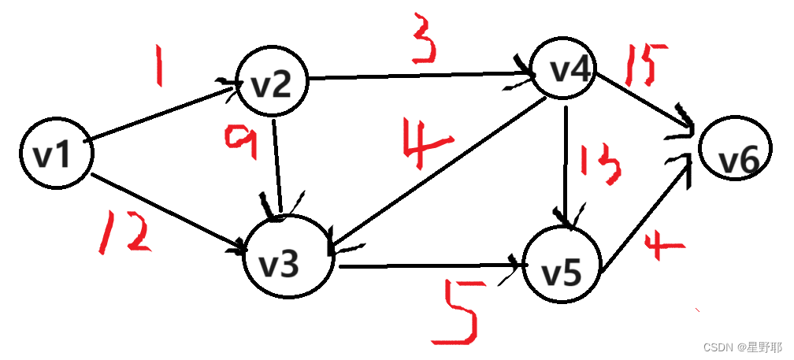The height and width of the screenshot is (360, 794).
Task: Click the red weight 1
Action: [160, 69]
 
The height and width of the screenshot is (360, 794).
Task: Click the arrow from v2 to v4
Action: [417, 76]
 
